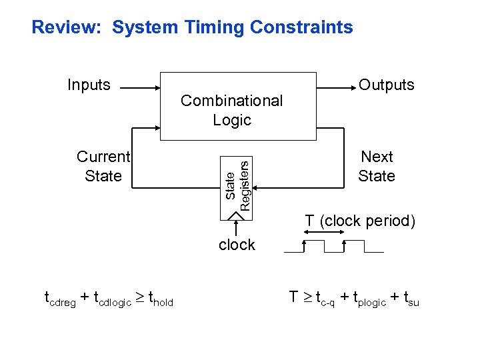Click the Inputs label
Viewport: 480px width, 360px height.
coord(89,85)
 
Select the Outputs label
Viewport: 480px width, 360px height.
coord(387,85)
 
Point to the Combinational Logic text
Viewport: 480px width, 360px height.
coord(231,110)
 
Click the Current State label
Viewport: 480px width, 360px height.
coord(103,166)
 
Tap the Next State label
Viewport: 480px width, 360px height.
coord(377,166)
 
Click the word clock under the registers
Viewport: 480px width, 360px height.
coord(237,245)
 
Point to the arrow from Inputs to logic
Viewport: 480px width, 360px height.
coord(140,87)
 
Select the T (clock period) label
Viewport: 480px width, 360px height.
coord(360,221)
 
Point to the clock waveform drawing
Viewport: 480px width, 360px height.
coord(333,247)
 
